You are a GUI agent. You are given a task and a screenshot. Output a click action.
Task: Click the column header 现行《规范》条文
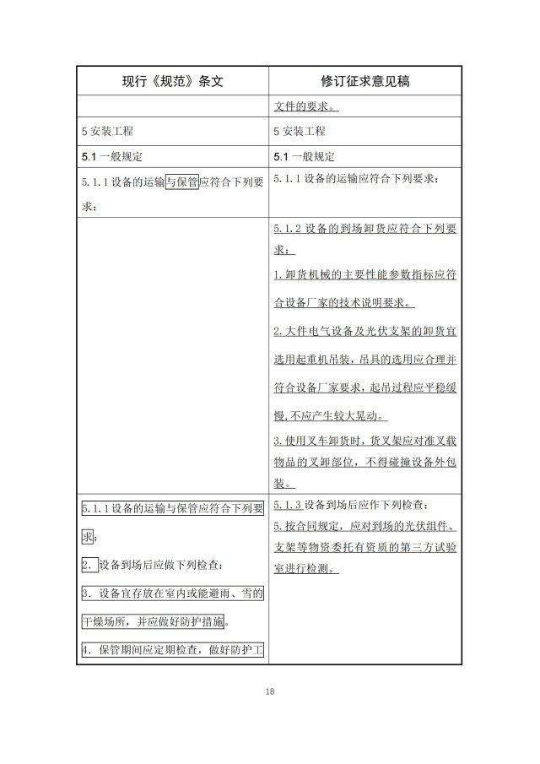pyautogui.click(x=172, y=81)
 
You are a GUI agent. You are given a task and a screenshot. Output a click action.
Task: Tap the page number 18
pyautogui.click(x=269, y=691)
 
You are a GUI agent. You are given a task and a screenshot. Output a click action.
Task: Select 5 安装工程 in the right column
pyautogui.click(x=300, y=132)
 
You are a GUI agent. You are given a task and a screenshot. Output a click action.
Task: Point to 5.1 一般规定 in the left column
pyautogui.click(x=112, y=156)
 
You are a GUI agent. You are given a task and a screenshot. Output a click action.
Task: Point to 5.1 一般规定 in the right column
pyautogui.click(x=305, y=156)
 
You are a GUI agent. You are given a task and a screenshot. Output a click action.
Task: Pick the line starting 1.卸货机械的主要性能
pyautogui.click(x=366, y=276)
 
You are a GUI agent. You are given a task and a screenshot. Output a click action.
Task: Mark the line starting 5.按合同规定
pyautogui.click(x=366, y=526)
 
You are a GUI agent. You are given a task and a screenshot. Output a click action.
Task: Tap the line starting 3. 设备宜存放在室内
pyautogui.click(x=172, y=593)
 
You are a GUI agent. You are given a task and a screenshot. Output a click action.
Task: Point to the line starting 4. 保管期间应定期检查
pyautogui.click(x=172, y=650)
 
